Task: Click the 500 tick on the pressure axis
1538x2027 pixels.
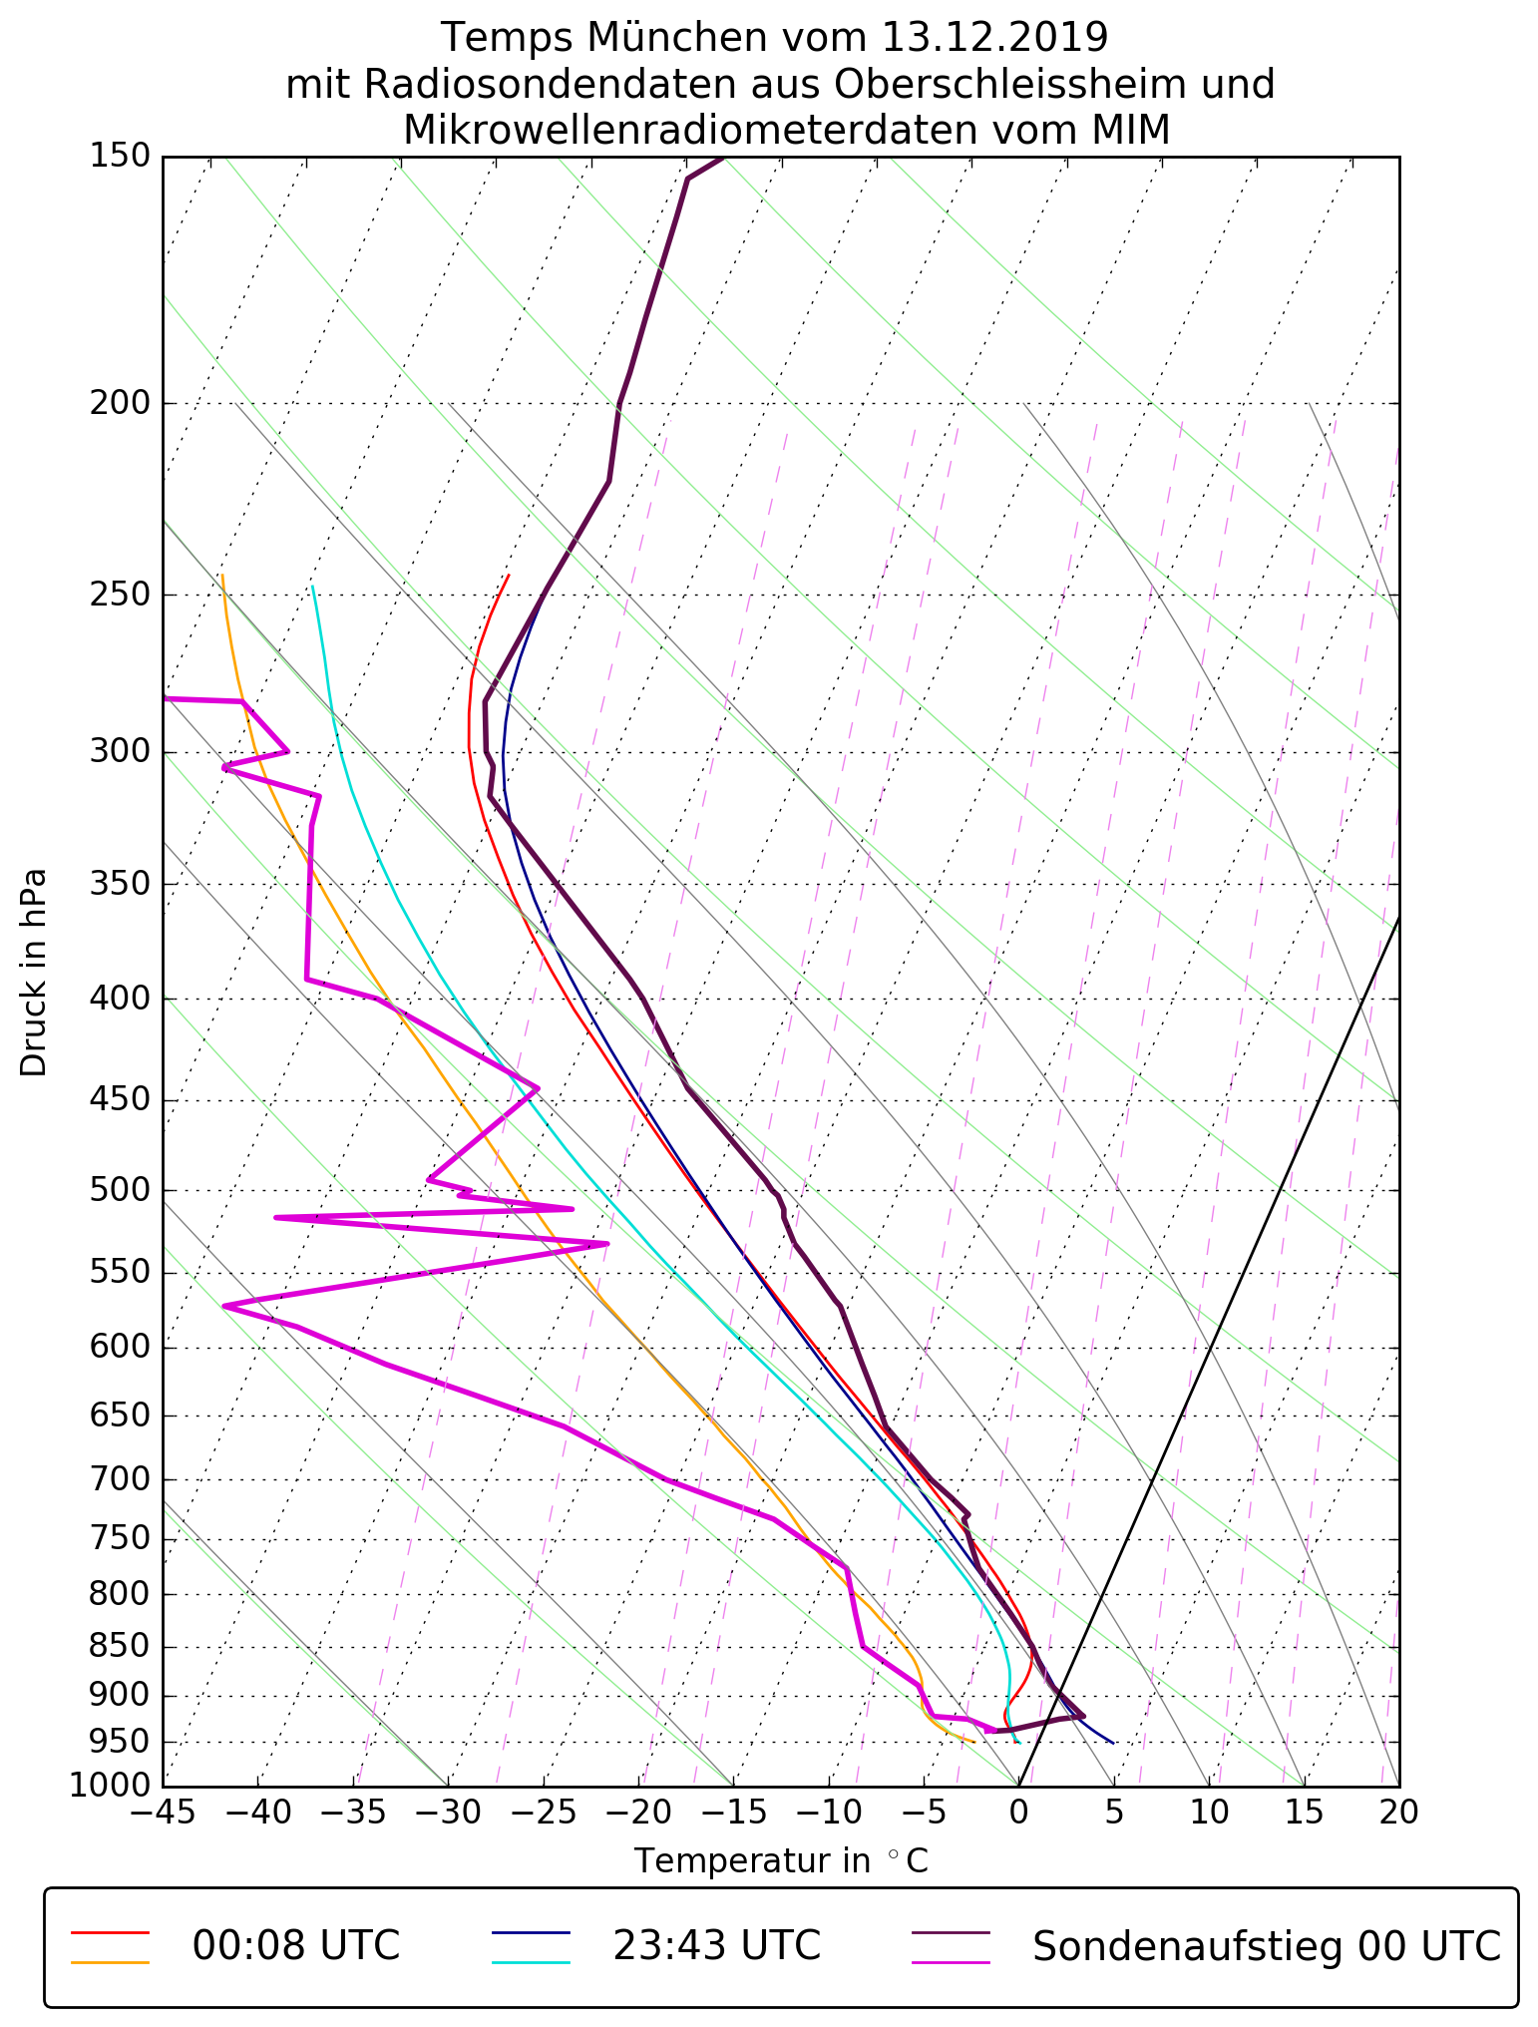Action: click(x=120, y=1190)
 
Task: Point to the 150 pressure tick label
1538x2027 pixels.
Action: click(x=120, y=157)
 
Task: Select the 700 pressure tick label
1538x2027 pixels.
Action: click(x=120, y=1479)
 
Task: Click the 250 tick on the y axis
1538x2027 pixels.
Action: click(x=120, y=595)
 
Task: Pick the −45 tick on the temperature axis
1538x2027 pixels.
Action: click(x=163, y=1813)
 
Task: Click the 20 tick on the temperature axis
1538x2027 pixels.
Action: click(x=1398, y=1813)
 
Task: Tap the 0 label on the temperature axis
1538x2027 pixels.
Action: click(x=1018, y=1813)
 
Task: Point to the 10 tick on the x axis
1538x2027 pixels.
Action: click(x=1209, y=1813)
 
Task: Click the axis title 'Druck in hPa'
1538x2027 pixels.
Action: click(x=34, y=973)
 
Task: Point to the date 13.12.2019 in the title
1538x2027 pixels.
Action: click(x=994, y=38)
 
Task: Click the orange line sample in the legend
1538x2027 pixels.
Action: click(x=110, y=1961)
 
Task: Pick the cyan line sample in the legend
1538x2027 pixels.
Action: click(x=531, y=1961)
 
